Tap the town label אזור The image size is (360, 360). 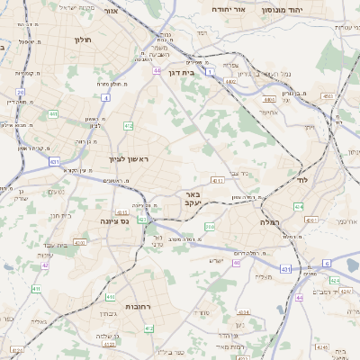[112, 13]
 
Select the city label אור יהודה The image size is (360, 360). [229, 8]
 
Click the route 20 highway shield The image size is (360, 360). [20, 92]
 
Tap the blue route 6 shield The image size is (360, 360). [328, 263]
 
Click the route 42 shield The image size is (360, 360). [45, 265]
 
